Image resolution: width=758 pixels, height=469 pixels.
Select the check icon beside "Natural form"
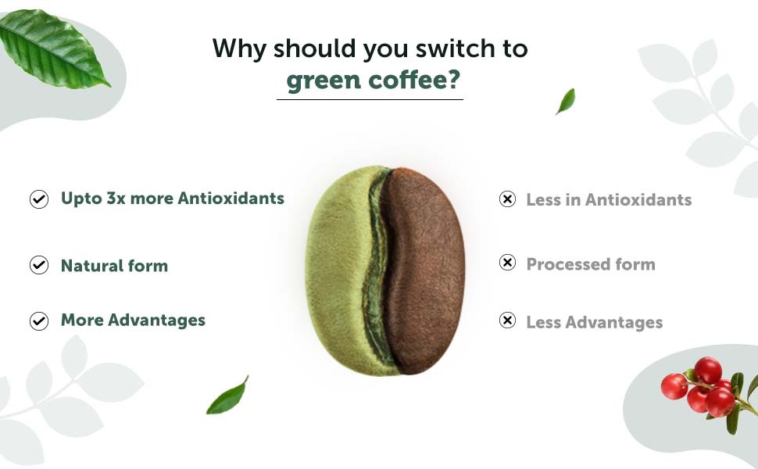(x=38, y=265)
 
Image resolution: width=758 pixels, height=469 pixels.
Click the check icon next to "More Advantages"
(x=38, y=320)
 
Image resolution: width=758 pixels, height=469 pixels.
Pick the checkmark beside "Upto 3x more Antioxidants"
(x=38, y=199)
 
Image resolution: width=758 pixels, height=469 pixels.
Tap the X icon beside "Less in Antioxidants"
(x=507, y=199)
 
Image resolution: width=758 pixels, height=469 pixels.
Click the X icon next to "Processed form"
(x=507, y=263)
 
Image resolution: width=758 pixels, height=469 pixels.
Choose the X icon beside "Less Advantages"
(x=507, y=320)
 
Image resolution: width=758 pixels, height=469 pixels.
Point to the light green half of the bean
(x=338, y=270)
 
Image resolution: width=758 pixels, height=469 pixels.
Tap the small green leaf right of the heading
(x=566, y=101)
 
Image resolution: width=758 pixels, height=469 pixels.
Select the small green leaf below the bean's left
(x=227, y=396)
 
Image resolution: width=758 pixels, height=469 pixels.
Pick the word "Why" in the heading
(x=239, y=48)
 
